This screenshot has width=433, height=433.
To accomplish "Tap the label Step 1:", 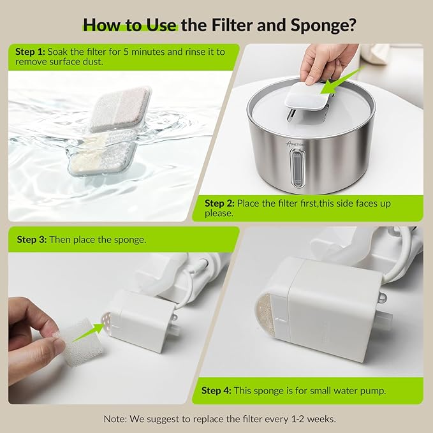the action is click(30, 52).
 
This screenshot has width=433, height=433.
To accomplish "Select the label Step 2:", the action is click(219, 203).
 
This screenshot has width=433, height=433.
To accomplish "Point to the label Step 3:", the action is click(31, 239).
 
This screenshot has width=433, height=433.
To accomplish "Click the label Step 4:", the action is click(216, 390).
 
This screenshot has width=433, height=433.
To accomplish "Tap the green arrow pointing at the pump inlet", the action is click(89, 332).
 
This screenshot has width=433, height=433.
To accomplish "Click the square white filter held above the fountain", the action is click(307, 96).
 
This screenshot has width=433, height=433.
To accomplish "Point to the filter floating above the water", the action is click(121, 108).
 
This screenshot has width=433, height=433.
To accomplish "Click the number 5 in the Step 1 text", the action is click(126, 52).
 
